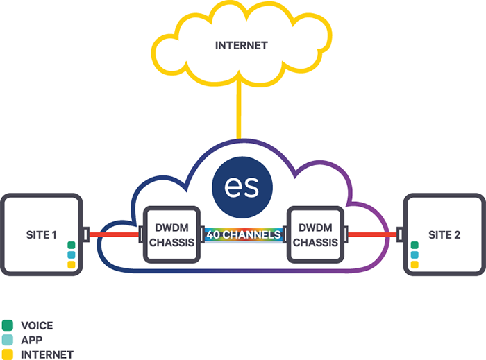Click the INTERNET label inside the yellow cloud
pyautogui.click(x=242, y=46)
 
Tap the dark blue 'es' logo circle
pyautogui.click(x=242, y=187)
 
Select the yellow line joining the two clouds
pyautogui.click(x=239, y=110)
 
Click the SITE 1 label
pyautogui.click(x=41, y=235)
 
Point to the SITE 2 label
pyautogui.click(x=444, y=235)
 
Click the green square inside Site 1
pyautogui.click(x=72, y=245)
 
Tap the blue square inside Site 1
pyautogui.click(x=72, y=255)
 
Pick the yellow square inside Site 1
pyautogui.click(x=72, y=265)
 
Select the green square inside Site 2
pyautogui.click(x=414, y=245)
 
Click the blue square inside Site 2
pyautogui.click(x=414, y=255)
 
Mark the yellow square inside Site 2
pyautogui.click(x=414, y=265)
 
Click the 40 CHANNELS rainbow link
pyautogui.click(x=244, y=234)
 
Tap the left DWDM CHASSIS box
pyautogui.click(x=171, y=234)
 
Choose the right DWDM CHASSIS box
pyautogui.click(x=315, y=234)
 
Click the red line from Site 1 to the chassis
pyautogui.click(x=114, y=234)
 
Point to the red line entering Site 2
pyautogui.click(x=372, y=234)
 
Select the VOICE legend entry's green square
pyautogui.click(x=8, y=325)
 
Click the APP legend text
pyautogui.click(x=32, y=340)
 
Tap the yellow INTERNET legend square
pyautogui.click(x=8, y=354)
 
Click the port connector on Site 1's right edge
pyautogui.click(x=86, y=234)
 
